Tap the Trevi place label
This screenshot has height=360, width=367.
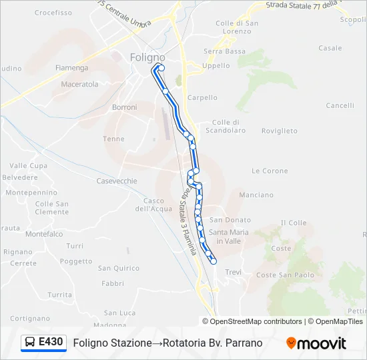click(233, 272)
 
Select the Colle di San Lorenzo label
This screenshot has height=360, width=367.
click(237, 27)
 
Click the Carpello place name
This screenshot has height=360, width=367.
click(202, 97)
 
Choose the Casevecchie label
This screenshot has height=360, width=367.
click(117, 181)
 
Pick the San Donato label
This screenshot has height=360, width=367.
click(230, 220)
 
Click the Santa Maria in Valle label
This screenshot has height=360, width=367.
click(228, 236)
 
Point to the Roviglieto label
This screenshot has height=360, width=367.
click(280, 131)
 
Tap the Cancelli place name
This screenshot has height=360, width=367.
click(340, 105)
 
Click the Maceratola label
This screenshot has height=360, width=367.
click(79, 85)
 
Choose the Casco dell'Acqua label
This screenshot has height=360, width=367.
click(154, 205)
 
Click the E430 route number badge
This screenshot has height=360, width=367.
click(51, 343)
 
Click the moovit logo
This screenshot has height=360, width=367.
click(316, 343)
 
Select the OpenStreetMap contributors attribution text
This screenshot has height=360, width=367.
click(256, 321)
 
